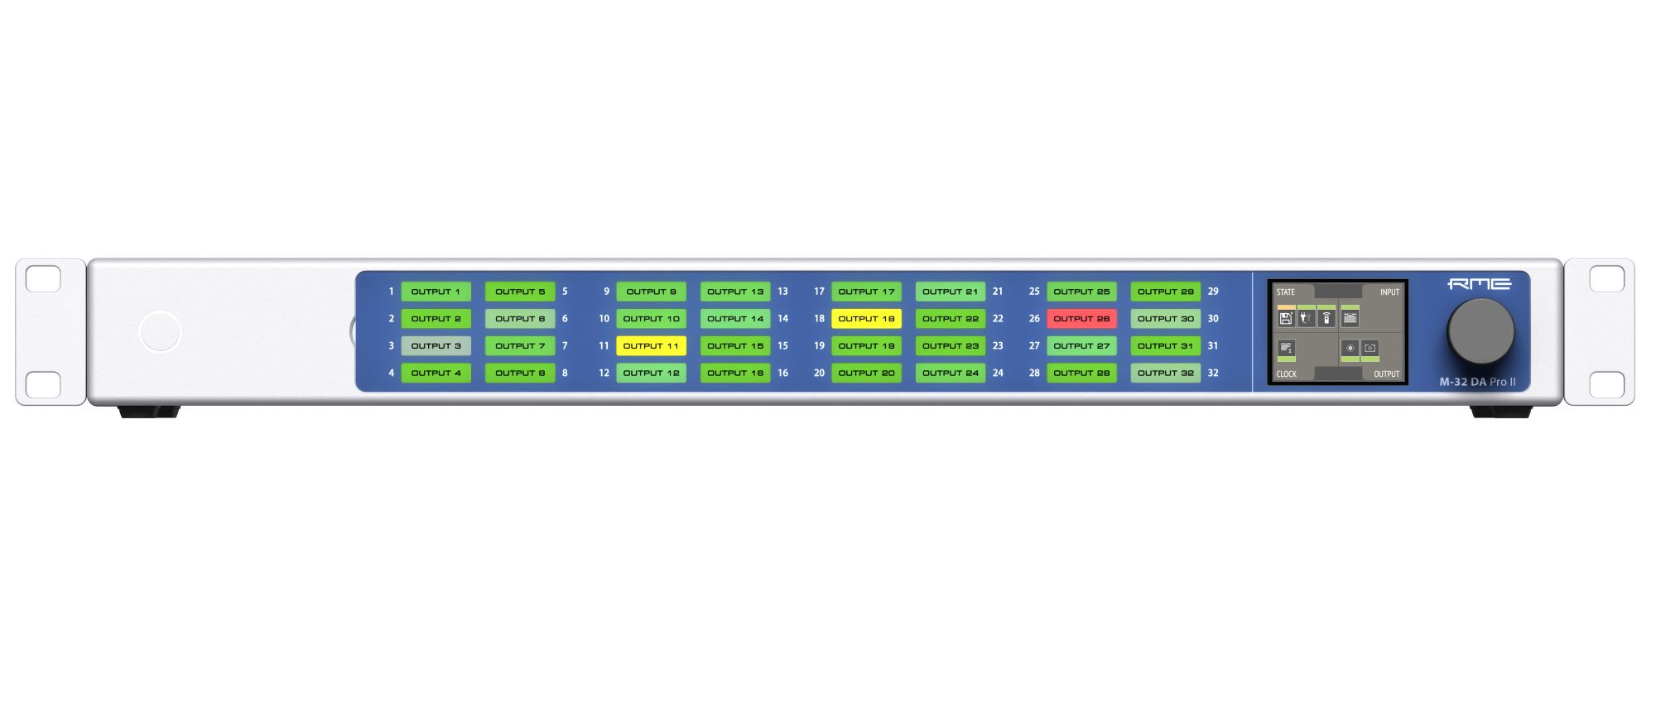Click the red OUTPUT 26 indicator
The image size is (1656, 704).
pos(1081,319)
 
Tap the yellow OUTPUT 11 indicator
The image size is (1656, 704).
pos(651,346)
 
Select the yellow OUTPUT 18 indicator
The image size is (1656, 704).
pos(866,319)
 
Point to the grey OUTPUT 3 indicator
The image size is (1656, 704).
pos(436,346)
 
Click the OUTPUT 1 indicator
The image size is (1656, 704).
pos(436,292)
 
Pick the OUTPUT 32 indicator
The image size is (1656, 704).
pos(1165,374)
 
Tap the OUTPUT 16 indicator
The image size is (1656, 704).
pos(734,374)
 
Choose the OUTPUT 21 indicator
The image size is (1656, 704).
pos(950,292)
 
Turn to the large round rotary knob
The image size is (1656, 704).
pos(1480,331)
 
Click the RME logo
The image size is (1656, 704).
pos(1479,284)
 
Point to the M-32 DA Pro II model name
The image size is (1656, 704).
pos(1477,383)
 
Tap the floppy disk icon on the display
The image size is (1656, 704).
pos(1286,318)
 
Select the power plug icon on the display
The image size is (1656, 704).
pos(1306,318)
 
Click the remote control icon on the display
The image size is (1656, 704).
pos(1326,318)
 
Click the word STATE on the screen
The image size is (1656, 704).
pos(1285,292)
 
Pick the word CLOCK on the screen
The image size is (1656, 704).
pos(1286,374)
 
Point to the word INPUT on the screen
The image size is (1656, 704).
pos(1389,292)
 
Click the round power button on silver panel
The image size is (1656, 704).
pos(160,331)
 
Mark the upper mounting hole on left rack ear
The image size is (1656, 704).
pos(43,279)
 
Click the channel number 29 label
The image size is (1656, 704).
pos(1213,292)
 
